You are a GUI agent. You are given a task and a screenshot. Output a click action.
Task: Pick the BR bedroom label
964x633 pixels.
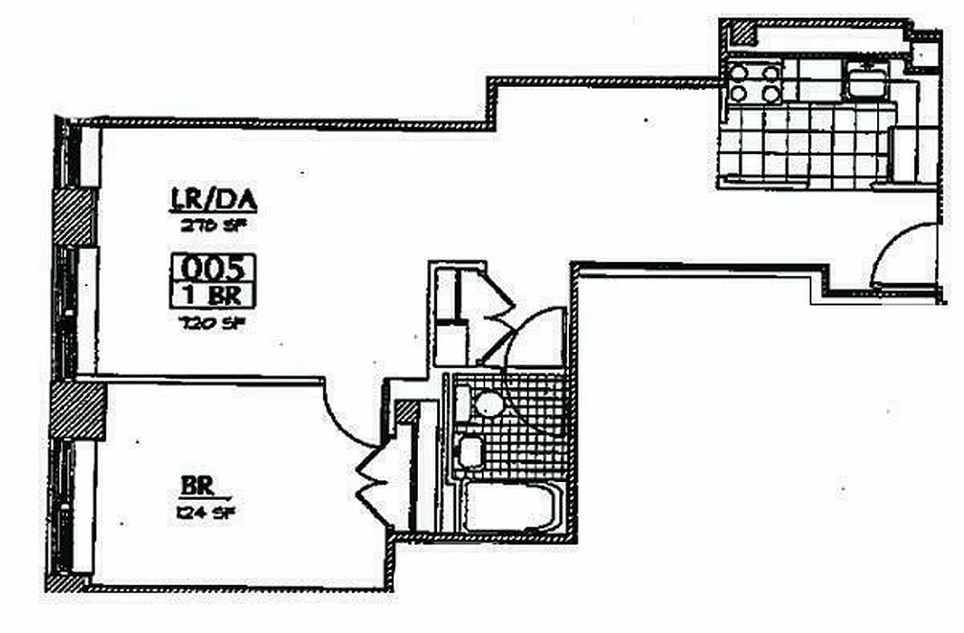click(195, 483)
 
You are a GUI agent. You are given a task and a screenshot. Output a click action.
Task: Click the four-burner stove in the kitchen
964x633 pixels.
click(754, 83)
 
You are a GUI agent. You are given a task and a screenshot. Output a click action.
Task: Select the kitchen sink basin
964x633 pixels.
click(867, 82)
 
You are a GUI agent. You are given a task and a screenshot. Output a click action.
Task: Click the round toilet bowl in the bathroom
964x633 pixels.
click(488, 404)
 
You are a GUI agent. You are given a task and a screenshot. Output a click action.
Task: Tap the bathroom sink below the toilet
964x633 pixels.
click(471, 451)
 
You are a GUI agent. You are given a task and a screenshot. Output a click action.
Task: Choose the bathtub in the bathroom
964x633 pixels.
click(511, 506)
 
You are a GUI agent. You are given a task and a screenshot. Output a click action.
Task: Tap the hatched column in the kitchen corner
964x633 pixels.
click(742, 33)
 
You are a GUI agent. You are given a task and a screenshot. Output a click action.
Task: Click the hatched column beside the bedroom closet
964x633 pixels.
click(406, 411)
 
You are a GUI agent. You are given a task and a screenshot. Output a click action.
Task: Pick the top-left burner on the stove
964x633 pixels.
click(738, 74)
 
